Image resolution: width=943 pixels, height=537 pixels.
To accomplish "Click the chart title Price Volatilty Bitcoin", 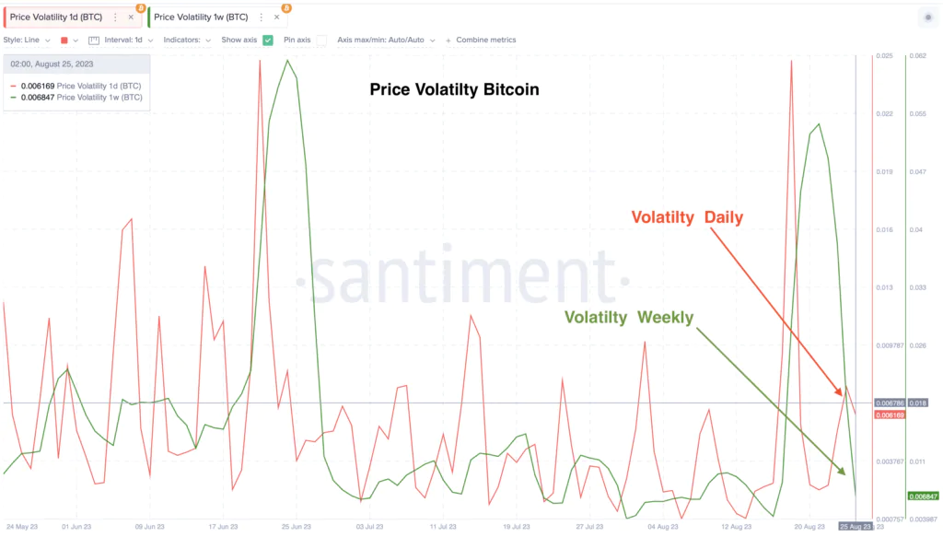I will coord(454,90).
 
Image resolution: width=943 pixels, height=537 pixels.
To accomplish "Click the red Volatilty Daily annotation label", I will coord(686,217).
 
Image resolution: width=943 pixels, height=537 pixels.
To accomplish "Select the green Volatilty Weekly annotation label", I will coord(629,318).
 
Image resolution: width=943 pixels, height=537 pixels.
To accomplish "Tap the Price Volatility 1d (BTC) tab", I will coord(55,18).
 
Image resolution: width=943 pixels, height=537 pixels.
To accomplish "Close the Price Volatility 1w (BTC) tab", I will coord(276,18).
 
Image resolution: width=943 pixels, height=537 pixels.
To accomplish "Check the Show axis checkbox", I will coord(268,41).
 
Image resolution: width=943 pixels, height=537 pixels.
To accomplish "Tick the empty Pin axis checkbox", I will coord(321,41).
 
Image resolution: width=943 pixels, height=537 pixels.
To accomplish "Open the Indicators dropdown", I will coord(187,41).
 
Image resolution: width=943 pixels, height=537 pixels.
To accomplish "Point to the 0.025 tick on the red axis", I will coord(886,56).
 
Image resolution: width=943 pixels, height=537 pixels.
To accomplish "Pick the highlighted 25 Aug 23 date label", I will coord(854,527).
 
